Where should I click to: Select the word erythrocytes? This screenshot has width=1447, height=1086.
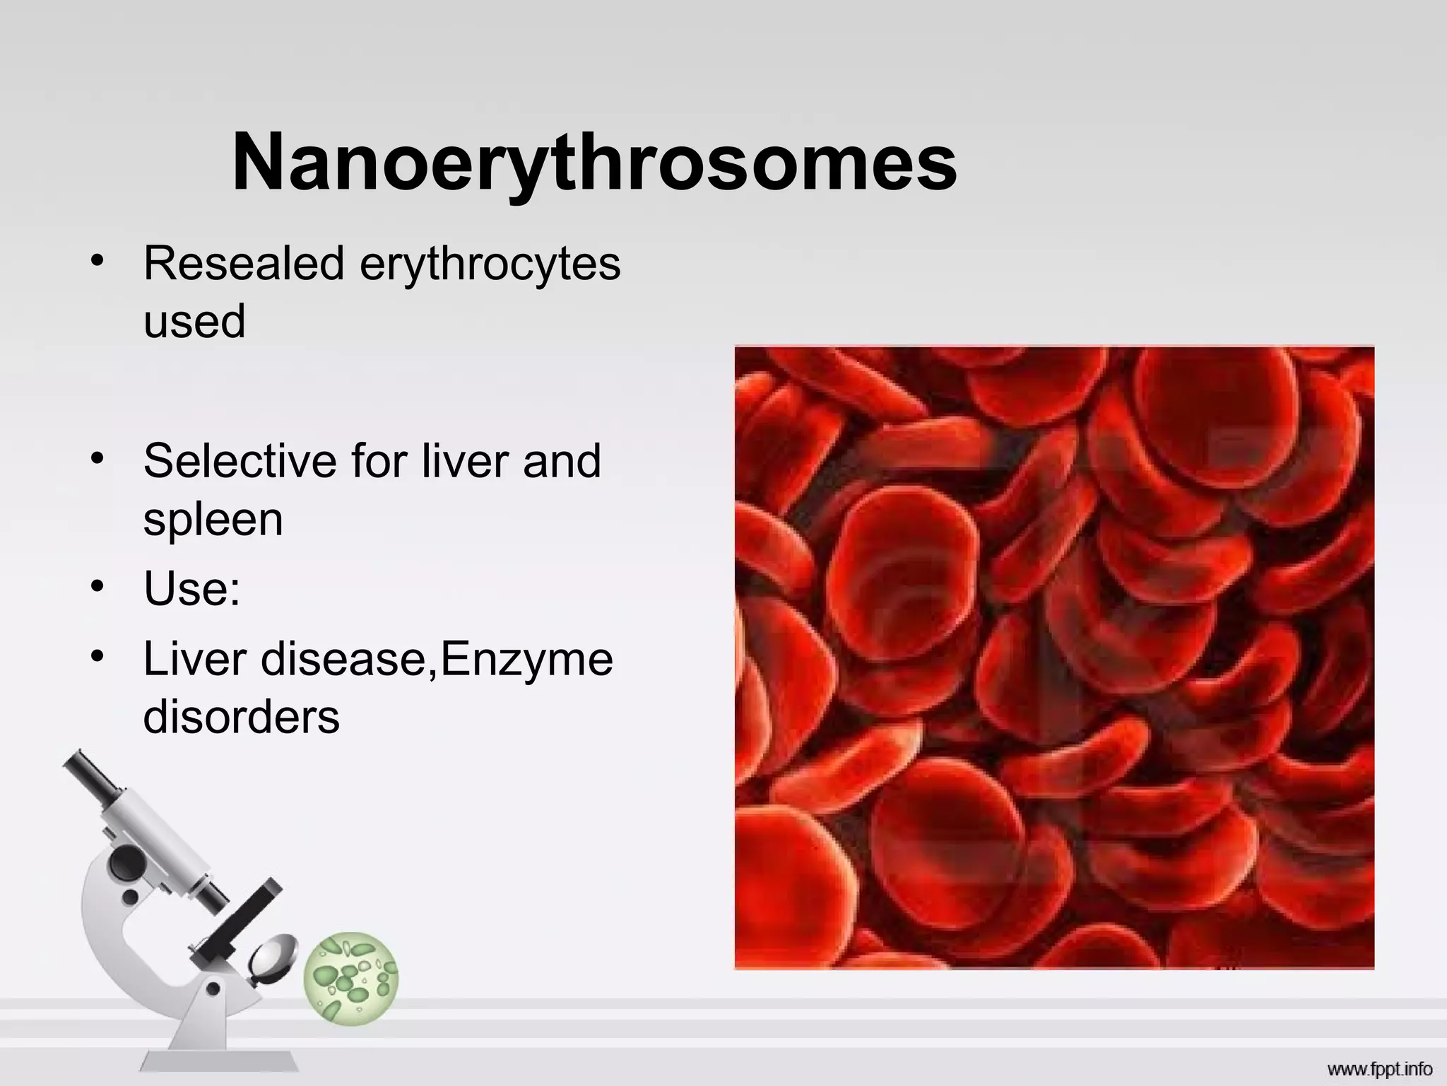tap(490, 264)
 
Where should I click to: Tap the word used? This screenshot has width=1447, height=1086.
tap(194, 321)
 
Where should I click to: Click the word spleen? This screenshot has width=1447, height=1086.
tap(213, 520)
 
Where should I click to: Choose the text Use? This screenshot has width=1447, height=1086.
tap(191, 588)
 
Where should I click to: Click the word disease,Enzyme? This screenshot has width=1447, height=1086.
tap(437, 660)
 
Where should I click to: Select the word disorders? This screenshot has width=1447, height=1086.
tap(241, 717)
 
